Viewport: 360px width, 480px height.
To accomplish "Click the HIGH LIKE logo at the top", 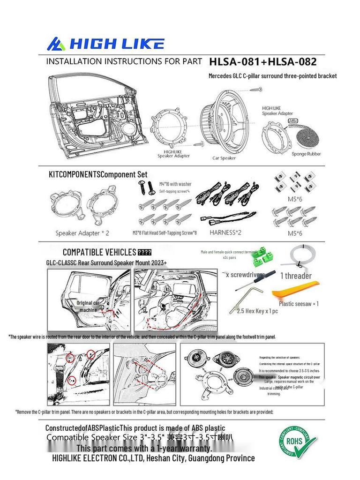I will tap(105, 44).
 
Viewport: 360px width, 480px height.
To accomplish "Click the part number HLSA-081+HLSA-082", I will tap(262, 61).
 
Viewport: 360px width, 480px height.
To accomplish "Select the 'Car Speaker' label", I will tap(224, 158).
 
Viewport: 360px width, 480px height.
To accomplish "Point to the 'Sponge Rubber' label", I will tap(306, 154).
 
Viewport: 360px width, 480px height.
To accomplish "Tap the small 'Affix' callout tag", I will tap(292, 120).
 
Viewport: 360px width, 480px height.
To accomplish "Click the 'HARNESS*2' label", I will tap(225, 232).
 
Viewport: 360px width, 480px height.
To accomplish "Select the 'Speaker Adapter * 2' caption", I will tap(82, 233).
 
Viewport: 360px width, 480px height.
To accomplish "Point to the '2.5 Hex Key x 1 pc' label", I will tap(257, 311).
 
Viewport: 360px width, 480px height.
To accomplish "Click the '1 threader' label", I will tap(296, 276).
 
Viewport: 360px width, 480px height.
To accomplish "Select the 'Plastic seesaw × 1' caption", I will tap(299, 304).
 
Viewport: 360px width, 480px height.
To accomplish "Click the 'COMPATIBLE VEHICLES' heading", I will tap(99, 252).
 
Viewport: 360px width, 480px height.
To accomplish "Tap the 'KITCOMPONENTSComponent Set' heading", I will tap(98, 174).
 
